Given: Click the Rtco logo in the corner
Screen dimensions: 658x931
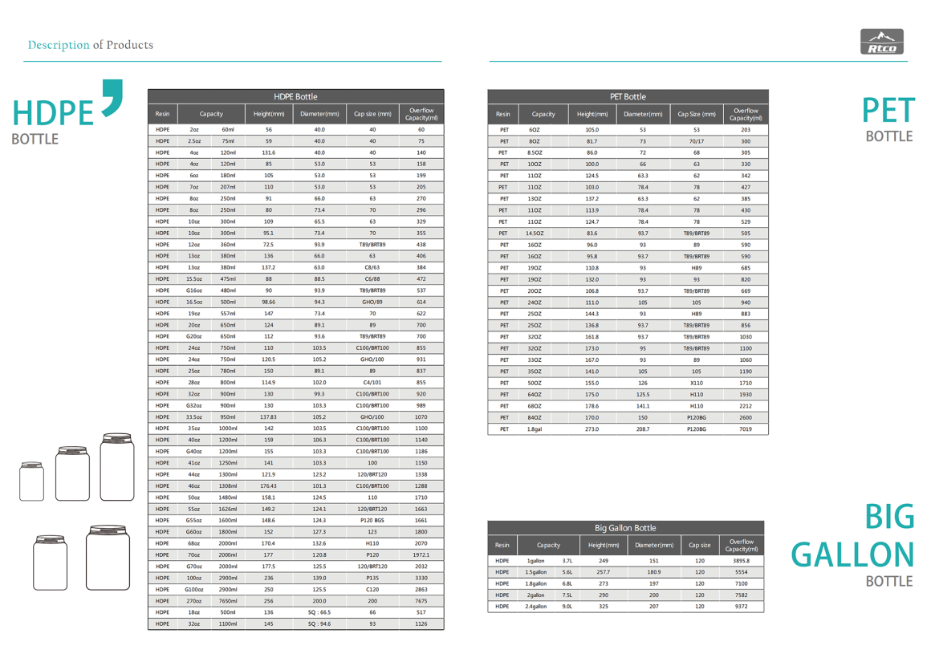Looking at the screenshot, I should tap(882, 42).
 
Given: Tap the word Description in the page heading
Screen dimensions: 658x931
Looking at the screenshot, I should tap(59, 45).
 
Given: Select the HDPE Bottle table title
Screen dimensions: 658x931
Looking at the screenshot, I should tap(295, 96).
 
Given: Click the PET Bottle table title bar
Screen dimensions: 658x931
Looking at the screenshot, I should tap(628, 96).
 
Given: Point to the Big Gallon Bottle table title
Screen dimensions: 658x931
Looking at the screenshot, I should tap(625, 528).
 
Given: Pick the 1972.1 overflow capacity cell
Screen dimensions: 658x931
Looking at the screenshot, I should tap(421, 554).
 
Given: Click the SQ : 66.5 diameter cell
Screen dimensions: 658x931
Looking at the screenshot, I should tap(319, 612).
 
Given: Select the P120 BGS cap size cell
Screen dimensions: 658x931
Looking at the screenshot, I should tap(372, 520).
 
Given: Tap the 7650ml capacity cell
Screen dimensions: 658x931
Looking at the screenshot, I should tap(228, 601).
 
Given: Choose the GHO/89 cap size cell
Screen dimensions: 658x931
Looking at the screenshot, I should tap(372, 302).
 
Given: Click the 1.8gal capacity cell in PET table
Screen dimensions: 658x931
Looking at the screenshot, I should tap(535, 429).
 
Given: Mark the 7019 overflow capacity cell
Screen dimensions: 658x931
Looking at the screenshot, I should tap(746, 429).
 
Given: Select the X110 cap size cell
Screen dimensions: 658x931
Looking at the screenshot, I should tap(697, 384).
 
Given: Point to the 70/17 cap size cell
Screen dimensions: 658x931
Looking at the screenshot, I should tap(697, 141).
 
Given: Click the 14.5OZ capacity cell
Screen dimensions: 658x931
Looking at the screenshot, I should tap(535, 234).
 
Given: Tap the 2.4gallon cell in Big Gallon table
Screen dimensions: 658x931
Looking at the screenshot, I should tap(536, 607).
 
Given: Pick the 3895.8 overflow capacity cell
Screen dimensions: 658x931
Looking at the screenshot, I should tap(741, 561).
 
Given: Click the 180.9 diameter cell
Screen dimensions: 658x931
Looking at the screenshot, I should tap(654, 572).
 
